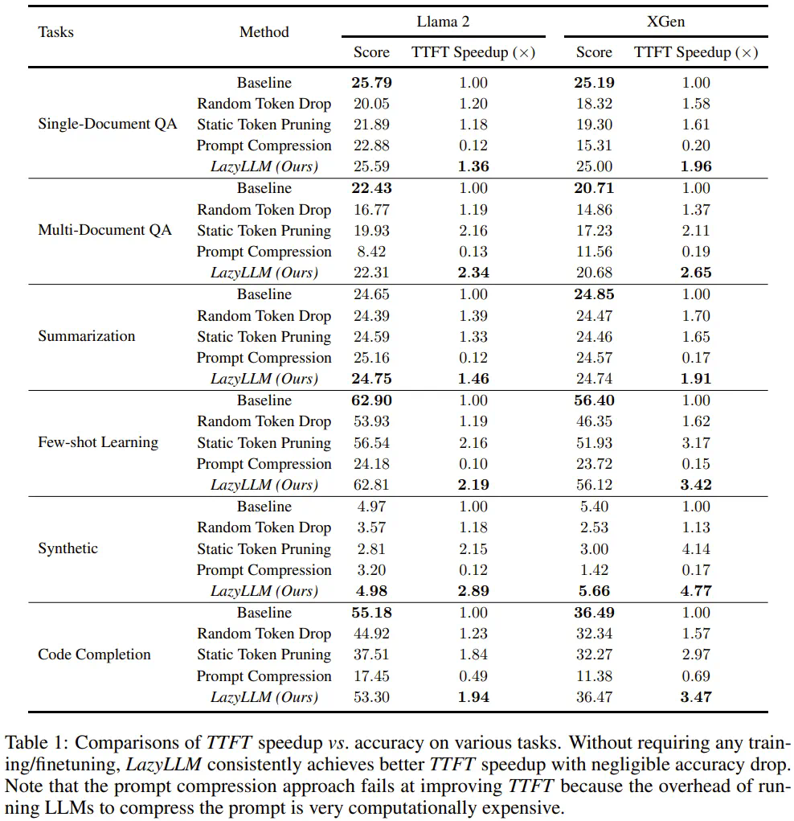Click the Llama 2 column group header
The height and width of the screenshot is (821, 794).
coord(443,22)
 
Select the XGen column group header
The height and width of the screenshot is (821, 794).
coord(665,22)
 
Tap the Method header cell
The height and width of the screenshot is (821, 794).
coord(264,32)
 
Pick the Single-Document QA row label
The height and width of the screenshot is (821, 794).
coord(108,125)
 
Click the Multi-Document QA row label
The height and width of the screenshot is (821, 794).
coord(104,230)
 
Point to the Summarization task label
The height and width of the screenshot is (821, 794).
coord(87,336)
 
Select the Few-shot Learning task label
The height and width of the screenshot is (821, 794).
coord(98,442)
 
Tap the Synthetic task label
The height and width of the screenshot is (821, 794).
coord(68,548)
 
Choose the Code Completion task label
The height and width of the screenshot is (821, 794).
coord(94,655)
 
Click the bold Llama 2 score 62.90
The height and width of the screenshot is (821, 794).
coord(371,400)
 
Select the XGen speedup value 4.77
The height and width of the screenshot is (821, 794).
coord(696,591)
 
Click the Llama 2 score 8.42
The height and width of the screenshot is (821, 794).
coord(371,252)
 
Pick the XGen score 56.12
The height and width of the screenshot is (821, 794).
coord(594,485)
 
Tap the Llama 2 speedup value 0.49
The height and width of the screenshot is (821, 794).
coord(473,676)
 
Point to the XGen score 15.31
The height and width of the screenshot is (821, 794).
coord(594,146)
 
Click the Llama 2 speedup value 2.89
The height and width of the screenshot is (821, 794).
coord(473,591)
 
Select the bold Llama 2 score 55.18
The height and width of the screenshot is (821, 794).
coord(371,613)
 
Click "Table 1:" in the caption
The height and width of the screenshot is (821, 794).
coord(36,743)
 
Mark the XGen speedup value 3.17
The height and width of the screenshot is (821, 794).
coord(696,443)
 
